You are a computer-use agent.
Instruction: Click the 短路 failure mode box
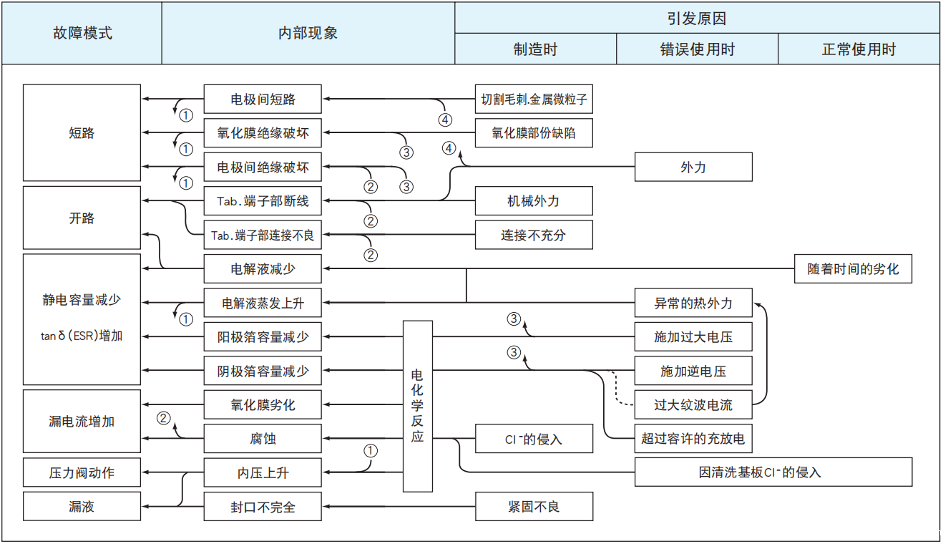(82, 132)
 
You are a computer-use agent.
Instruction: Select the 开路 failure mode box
(82, 218)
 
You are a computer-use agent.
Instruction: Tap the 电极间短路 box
(263, 99)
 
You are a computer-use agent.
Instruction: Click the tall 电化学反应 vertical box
(418, 405)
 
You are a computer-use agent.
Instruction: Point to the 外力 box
(693, 167)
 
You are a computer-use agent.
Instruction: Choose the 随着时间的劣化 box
(853, 269)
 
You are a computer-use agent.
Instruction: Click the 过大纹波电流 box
(693, 405)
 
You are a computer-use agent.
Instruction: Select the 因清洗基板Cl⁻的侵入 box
(773, 472)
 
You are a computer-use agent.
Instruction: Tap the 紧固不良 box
(534, 507)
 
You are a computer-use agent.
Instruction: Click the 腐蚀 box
(263, 439)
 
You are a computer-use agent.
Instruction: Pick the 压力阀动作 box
(82, 472)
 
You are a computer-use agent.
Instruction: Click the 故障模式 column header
(82, 33)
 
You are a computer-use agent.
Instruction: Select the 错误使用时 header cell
(697, 49)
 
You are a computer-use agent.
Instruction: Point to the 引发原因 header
(697, 17)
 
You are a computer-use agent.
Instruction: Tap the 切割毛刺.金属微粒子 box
(534, 99)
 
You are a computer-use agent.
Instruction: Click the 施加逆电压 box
(693, 371)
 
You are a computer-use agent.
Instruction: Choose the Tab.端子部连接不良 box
(263, 235)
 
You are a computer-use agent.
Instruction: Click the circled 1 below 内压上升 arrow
(370, 451)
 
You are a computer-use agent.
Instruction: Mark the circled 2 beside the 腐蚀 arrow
(164, 418)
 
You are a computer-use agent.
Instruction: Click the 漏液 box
(82, 507)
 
